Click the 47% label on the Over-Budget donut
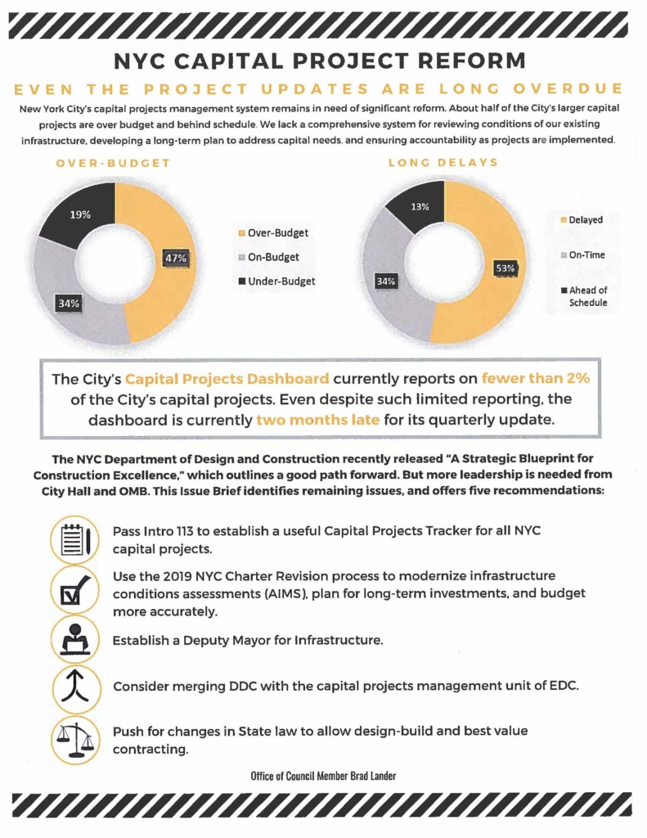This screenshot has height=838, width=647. point(176,258)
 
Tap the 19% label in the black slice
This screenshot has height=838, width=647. point(80,215)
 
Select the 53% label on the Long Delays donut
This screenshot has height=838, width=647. point(505,268)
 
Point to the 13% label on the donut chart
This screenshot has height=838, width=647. point(420,207)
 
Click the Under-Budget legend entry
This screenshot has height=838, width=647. point(276,282)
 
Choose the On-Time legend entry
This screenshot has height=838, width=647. point(583,255)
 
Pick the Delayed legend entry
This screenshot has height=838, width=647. point(582,219)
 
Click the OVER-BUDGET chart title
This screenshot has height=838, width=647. point(113,163)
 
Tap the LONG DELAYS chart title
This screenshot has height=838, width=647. point(443,163)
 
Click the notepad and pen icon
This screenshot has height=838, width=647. point(74,540)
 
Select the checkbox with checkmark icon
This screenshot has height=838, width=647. point(74,590)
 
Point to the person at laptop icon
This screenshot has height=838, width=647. point(75,639)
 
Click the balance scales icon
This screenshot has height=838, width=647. point(75,740)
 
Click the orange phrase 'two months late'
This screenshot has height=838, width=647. point(318,420)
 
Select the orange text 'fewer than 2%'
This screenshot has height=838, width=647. point(536,378)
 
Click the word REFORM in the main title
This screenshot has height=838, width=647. point(471,61)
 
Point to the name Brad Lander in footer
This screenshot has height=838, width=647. point(373,776)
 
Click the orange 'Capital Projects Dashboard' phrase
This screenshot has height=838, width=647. point(227,379)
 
